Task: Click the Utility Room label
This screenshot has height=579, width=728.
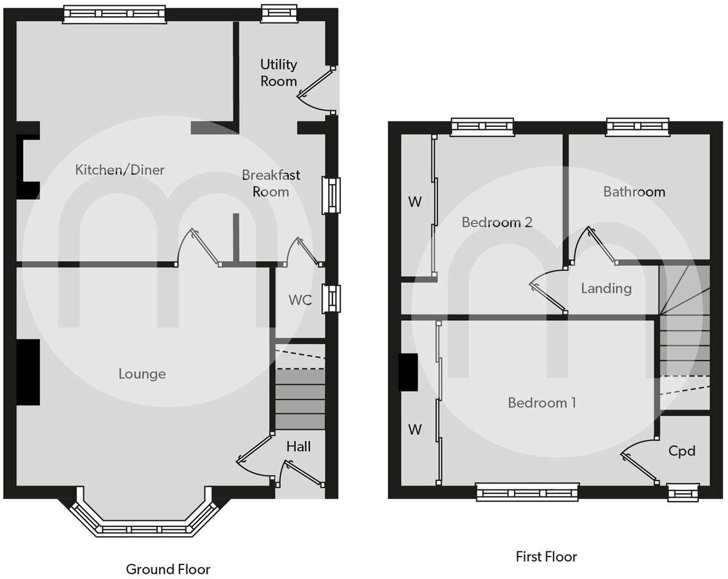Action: point(279,72)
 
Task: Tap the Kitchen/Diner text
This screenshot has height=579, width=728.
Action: point(120,170)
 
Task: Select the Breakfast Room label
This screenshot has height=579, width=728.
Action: point(270,183)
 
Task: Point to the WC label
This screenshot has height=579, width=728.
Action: point(299,300)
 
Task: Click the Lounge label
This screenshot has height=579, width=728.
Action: point(142,373)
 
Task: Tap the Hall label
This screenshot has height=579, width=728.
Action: point(299,446)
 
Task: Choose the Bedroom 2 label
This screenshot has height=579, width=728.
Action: point(497,222)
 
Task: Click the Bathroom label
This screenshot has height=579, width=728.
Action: point(634,192)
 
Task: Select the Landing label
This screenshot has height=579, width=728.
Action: point(606,288)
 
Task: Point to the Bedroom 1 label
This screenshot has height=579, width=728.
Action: point(542,403)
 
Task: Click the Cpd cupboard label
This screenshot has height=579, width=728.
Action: point(682,451)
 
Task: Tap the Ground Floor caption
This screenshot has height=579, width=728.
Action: point(168,569)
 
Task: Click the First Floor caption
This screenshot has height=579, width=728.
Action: point(546,557)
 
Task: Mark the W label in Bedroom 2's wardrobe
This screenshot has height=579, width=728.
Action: point(415,202)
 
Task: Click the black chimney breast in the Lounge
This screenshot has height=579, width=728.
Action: point(28,372)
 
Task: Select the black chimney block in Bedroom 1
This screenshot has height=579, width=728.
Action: point(408,372)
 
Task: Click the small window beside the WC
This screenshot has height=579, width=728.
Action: point(331,299)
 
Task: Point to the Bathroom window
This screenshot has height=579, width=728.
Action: point(637,127)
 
